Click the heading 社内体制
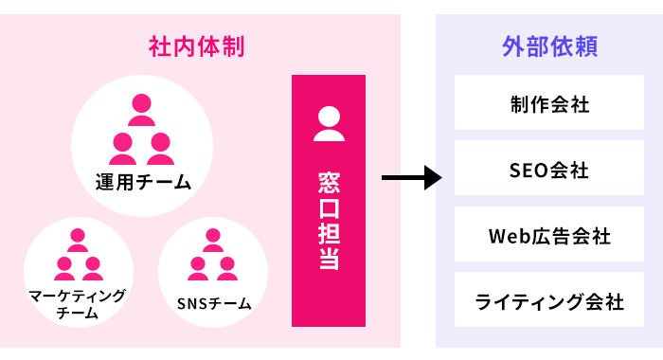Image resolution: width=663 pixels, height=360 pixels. click(202, 46)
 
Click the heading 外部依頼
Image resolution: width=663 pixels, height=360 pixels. click(548, 46)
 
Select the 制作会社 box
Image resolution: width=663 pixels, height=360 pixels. click(549, 104)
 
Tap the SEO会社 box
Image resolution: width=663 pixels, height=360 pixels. click(549, 171)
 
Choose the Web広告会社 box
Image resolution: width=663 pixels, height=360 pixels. click(549, 236)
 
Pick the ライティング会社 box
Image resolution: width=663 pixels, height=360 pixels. click(549, 302)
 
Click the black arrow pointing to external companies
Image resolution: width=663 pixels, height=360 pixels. click(412, 177)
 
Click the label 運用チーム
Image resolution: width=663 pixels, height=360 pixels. click(142, 182)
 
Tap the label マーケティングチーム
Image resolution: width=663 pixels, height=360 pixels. click(78, 304)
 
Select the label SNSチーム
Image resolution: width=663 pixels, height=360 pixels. click(214, 304)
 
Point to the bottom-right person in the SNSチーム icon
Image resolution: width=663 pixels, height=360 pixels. click(227, 269)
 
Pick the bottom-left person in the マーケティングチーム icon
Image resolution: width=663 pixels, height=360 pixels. click(64, 269)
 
